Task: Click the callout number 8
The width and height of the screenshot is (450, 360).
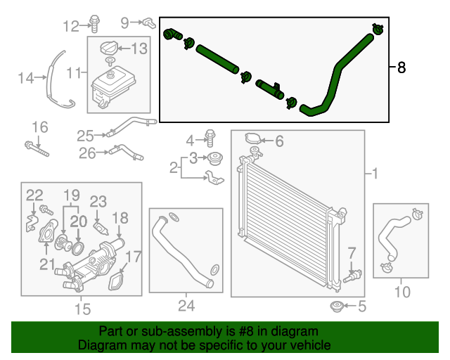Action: pos(401,68)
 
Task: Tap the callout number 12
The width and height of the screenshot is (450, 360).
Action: pos(71,27)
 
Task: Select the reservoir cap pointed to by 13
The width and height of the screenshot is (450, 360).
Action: pos(109,49)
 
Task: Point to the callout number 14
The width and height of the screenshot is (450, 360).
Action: pos(26,78)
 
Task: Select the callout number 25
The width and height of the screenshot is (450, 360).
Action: pos(85,135)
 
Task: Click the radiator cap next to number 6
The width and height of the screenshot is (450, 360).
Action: pos(251,141)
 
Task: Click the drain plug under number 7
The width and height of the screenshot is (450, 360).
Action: pos(351,275)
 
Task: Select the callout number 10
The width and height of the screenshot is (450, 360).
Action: pos(401,290)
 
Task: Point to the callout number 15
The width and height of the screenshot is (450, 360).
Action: pos(82,308)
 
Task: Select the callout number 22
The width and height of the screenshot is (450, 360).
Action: pos(34,195)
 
